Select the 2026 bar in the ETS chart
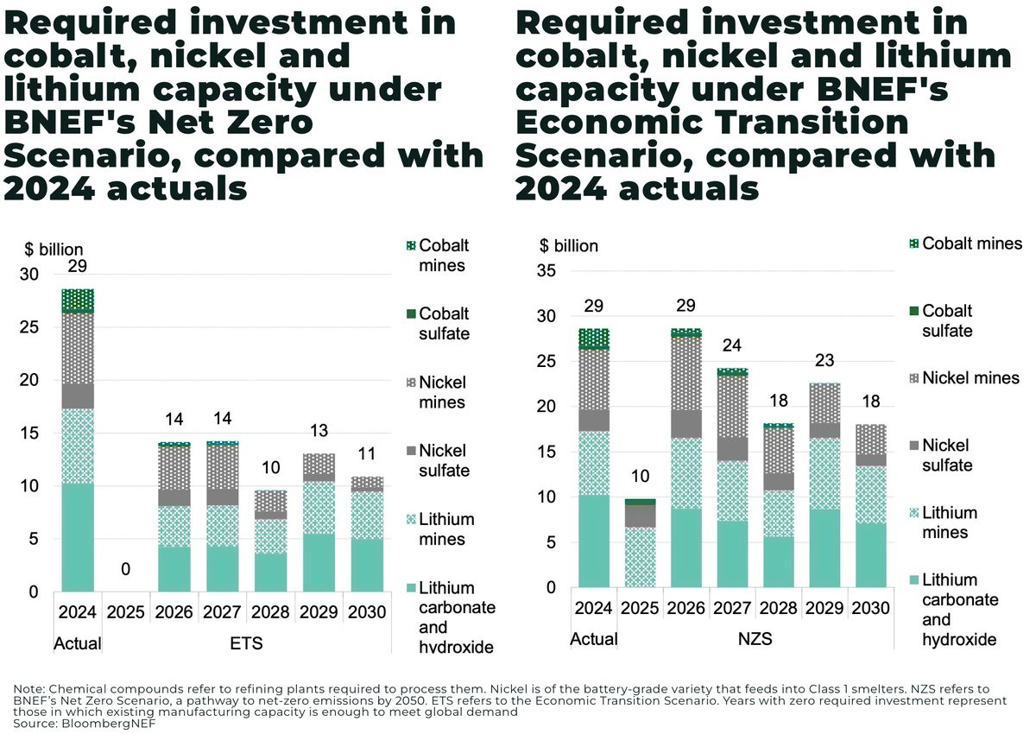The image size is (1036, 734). tap(174, 518)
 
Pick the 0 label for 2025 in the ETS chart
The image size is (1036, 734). tap(126, 569)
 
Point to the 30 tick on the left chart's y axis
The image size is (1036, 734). tap(30, 275)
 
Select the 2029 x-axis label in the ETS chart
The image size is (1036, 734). tap(318, 613)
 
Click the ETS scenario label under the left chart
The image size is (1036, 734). tap(246, 643)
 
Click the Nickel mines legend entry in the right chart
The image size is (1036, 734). tap(970, 377)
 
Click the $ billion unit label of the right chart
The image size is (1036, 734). tap(568, 245)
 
